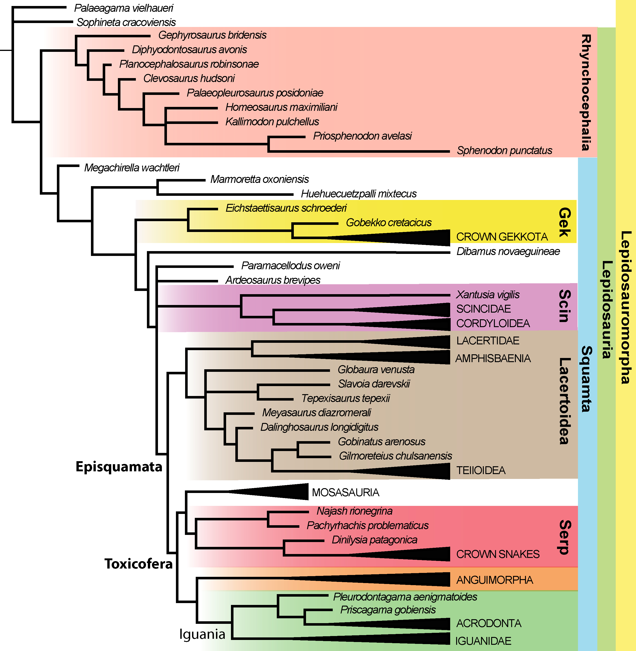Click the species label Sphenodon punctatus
tap(504, 151)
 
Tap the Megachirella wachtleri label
tap(132, 168)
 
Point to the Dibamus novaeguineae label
tap(508, 251)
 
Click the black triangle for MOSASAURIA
tap(284, 492)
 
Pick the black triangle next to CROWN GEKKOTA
tap(417, 238)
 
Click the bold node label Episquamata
tap(119, 466)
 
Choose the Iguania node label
tap(202, 634)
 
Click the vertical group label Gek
tap(565, 222)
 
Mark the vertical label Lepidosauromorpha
tap(626, 308)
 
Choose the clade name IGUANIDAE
tap(483, 641)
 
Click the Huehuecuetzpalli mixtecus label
tap(359, 194)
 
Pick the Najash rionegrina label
tap(354, 511)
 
